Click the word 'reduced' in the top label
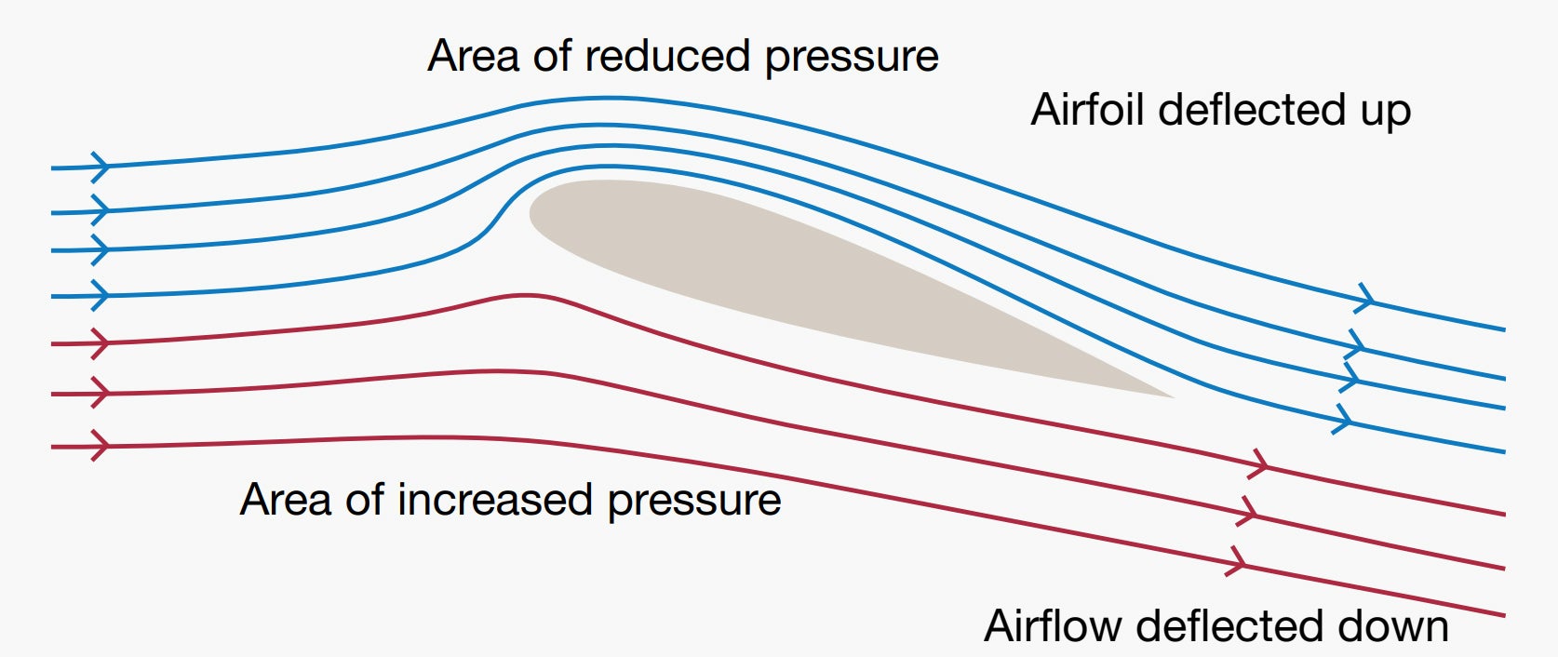pos(667,56)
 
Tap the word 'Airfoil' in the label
pos(1087,110)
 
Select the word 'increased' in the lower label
pos(494,499)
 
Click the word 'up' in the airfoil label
pos(1386,114)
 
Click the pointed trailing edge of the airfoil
pos(1173,397)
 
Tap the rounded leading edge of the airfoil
pos(531,212)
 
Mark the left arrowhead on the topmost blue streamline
pos(101,167)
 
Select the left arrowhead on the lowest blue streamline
pos(101,296)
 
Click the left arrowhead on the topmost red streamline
pos(101,343)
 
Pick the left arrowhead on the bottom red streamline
pos(101,446)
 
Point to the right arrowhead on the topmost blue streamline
pos(1364,299)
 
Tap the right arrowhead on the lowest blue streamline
pos(1342,419)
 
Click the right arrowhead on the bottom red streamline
pos(1236,561)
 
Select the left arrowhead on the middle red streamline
pos(101,394)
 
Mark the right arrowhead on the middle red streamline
pos(1247,513)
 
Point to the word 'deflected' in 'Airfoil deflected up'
pos(1252,110)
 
